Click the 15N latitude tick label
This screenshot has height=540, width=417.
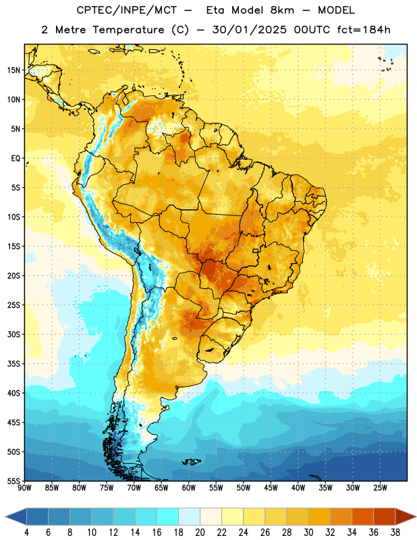click(x=13, y=70)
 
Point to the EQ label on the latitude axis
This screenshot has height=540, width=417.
click(x=16, y=159)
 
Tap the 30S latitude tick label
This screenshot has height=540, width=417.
click(x=13, y=334)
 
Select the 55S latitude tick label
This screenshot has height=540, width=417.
click(x=13, y=481)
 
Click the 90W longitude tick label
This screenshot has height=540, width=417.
click(x=24, y=488)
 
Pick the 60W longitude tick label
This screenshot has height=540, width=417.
click(x=189, y=488)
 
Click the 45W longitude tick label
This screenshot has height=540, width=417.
click(x=271, y=488)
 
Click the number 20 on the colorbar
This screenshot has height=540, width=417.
click(x=200, y=533)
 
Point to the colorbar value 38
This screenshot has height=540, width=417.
click(x=395, y=533)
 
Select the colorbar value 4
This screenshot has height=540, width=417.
click(x=26, y=533)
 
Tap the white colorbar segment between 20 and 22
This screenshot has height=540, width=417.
click(x=211, y=516)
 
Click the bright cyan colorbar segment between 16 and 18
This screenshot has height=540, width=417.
click(x=167, y=516)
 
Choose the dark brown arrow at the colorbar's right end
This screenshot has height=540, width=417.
click(x=406, y=516)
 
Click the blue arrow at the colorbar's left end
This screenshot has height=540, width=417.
click(x=16, y=516)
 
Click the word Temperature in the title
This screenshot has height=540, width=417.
click(x=128, y=30)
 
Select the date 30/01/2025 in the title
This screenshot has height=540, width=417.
click(x=249, y=30)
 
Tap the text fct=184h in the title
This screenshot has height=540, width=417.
click(x=364, y=30)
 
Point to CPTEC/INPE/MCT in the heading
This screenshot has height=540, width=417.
click(x=126, y=10)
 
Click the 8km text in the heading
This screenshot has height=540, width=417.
click(x=282, y=10)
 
